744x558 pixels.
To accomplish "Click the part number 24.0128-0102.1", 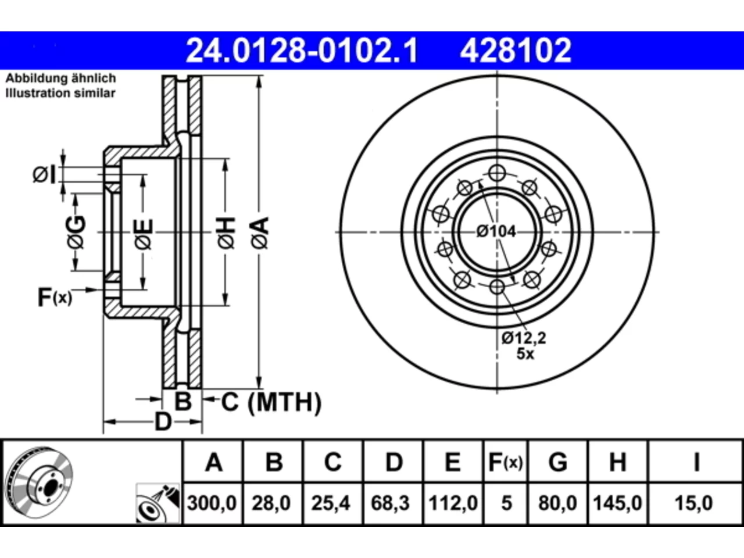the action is click(x=302, y=51).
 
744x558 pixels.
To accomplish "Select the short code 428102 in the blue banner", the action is click(x=516, y=51).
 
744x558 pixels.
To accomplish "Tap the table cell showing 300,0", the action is click(x=212, y=503).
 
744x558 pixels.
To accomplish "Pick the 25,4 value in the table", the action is click(x=331, y=503).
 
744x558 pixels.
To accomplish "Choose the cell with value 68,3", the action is click(x=390, y=503).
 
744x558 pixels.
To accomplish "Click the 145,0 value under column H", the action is click(x=617, y=503).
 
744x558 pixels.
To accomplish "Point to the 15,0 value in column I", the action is click(x=693, y=503).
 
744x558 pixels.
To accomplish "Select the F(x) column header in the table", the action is click(x=505, y=463).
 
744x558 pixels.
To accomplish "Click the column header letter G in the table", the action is click(x=557, y=463).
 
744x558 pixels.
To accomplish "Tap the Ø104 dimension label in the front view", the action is click(x=496, y=232).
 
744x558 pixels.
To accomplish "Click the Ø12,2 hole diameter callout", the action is click(x=524, y=338).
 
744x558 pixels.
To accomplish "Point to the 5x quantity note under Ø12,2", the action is click(x=525, y=354).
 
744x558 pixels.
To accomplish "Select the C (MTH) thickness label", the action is click(x=271, y=402).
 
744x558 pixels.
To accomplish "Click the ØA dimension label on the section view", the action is click(x=260, y=234).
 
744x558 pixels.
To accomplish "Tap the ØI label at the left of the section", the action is click(x=44, y=175).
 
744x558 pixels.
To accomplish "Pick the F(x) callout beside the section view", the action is click(x=55, y=297).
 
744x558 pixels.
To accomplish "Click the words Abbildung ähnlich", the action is click(x=60, y=78).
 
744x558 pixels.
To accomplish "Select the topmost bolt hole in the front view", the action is click(x=497, y=173).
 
